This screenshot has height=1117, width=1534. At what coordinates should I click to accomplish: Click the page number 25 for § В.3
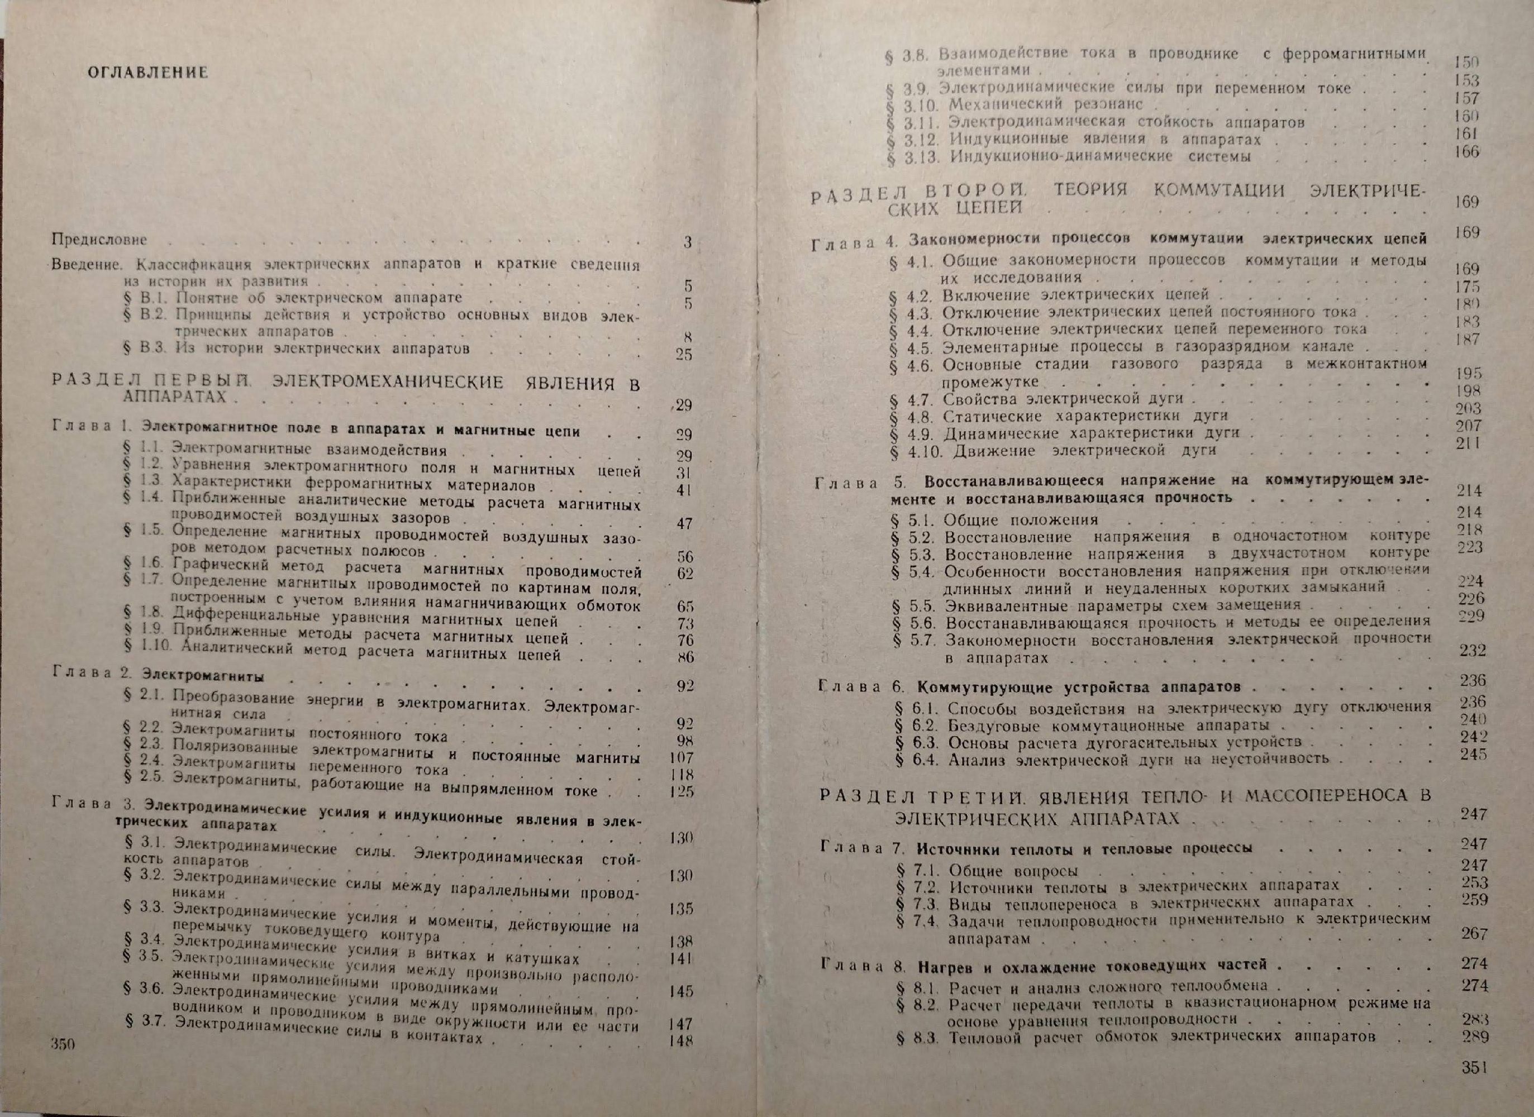pyautogui.click(x=684, y=354)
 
